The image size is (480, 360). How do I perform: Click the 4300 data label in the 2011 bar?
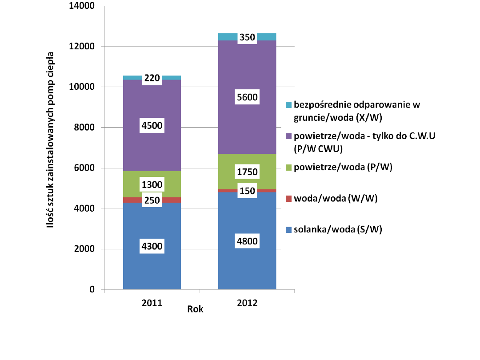152,246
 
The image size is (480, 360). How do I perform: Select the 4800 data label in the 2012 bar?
247,241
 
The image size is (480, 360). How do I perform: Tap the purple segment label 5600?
247,97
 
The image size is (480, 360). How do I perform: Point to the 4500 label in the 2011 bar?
152,125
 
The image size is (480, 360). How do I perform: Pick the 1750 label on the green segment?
247,172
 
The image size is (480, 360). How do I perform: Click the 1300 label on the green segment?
152,184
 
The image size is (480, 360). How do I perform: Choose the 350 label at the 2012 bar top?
247,37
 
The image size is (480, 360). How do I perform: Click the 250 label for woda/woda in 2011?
152,200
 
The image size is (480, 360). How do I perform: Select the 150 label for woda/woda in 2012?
247,191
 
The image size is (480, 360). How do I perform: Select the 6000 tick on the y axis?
84,168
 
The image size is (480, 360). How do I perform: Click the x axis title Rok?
196,309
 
